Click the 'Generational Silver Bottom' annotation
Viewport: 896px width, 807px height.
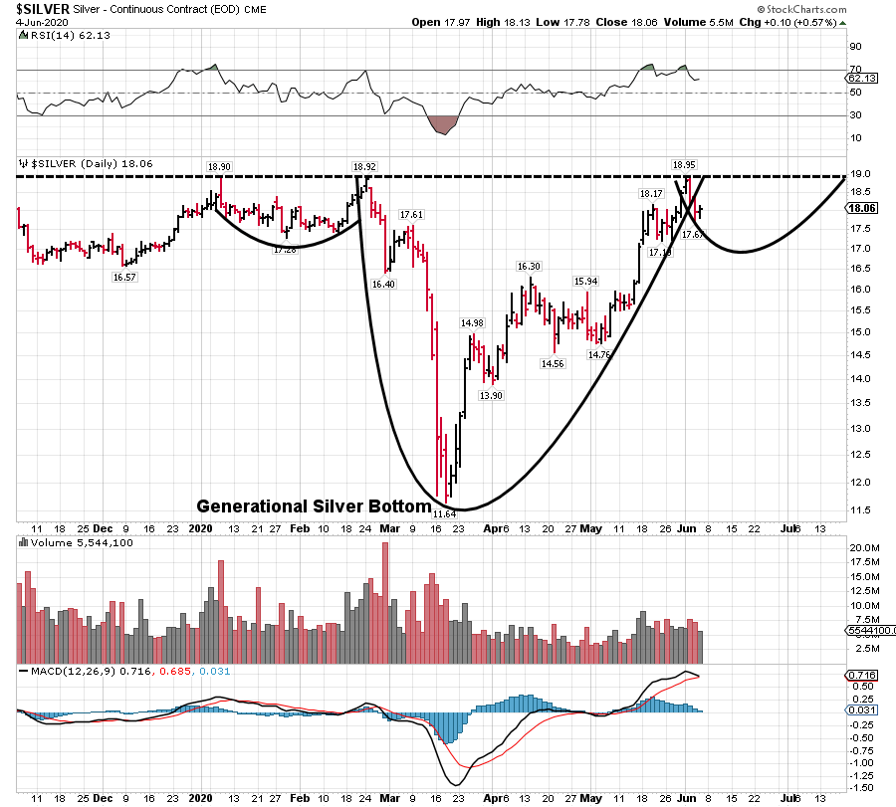pyautogui.click(x=314, y=505)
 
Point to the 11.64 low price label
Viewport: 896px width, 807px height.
pyautogui.click(x=445, y=513)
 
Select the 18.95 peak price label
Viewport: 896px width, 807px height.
pyautogui.click(x=684, y=165)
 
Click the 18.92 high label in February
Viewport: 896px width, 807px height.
pyautogui.click(x=363, y=166)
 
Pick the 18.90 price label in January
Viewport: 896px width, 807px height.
pyautogui.click(x=219, y=166)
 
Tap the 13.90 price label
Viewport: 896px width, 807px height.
pyautogui.click(x=490, y=395)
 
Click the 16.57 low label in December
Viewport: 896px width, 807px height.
pyautogui.click(x=124, y=278)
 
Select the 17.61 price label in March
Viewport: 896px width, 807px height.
pyautogui.click(x=411, y=215)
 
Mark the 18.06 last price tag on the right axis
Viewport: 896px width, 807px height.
pyautogui.click(x=859, y=209)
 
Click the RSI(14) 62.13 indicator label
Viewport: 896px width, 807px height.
pyautogui.click(x=59, y=35)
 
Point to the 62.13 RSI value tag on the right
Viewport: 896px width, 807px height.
pyautogui.click(x=859, y=78)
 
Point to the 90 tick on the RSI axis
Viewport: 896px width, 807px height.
pyautogui.click(x=854, y=46)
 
